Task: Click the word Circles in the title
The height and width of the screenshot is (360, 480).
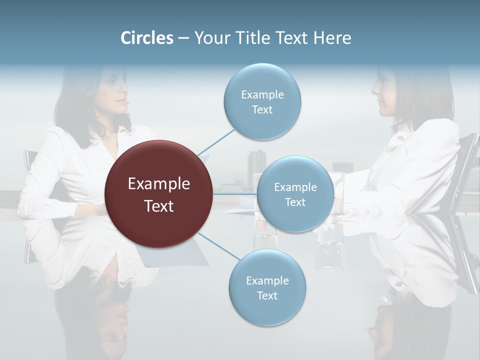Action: click(x=146, y=38)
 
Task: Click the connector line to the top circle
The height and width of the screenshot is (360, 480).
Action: click(x=216, y=142)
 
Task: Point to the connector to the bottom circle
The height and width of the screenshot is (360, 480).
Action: click(x=218, y=246)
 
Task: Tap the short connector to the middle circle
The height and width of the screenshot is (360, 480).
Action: click(x=235, y=194)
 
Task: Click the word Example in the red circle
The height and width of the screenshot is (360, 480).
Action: click(x=159, y=184)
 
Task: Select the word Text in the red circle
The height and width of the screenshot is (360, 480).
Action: click(x=159, y=206)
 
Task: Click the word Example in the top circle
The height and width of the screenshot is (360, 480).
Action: click(x=262, y=94)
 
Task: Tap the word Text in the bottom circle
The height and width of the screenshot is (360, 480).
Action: click(x=267, y=295)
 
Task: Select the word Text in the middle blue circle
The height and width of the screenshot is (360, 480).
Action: click(x=295, y=202)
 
